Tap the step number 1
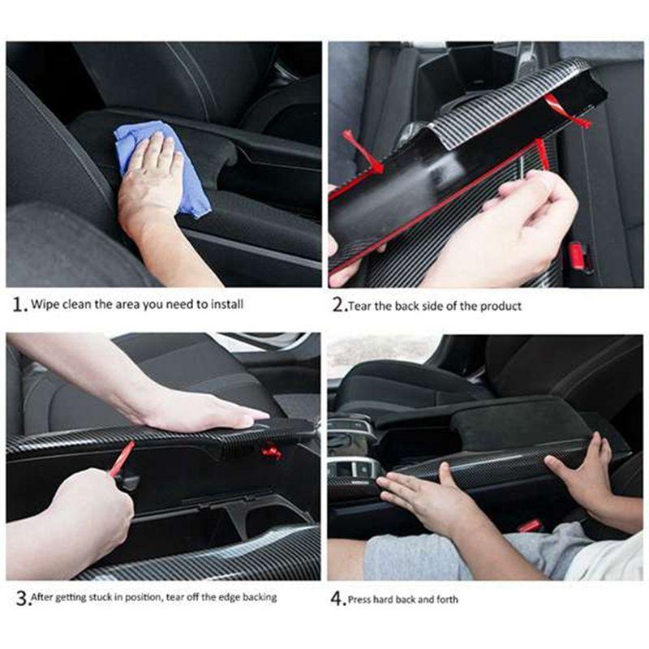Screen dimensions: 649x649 [x=18, y=306]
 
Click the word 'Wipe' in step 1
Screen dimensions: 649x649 [x=45, y=306]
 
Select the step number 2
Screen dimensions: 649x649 [x=338, y=306]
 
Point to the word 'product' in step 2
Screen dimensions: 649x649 [x=502, y=307]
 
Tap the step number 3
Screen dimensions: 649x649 [x=18, y=599]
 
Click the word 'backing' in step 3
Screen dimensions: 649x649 [x=257, y=598]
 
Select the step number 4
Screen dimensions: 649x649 [x=337, y=600]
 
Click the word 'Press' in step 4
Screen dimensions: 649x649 [x=361, y=600]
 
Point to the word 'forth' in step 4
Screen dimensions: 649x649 [x=445, y=600]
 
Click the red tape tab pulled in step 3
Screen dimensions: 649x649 [x=122, y=458]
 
